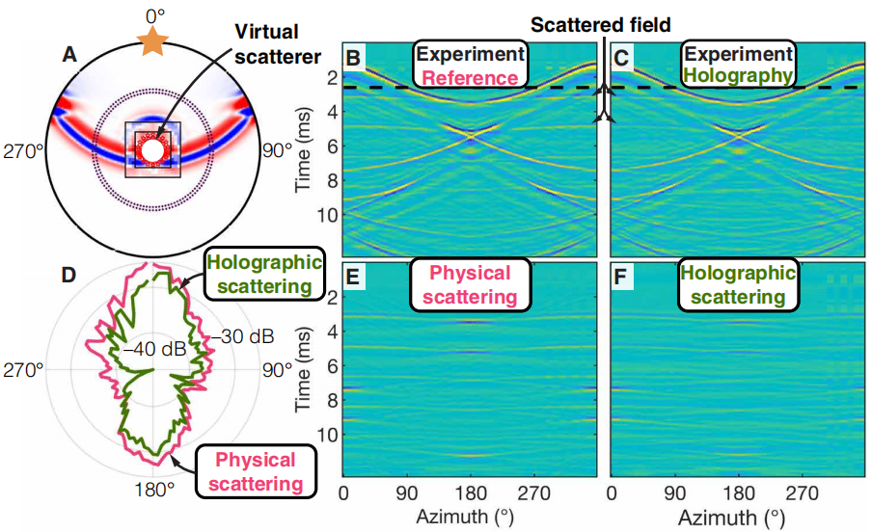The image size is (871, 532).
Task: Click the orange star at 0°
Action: [x=150, y=40]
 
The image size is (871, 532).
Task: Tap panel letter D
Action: [x=68, y=274]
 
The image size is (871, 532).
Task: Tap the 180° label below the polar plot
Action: [x=153, y=490]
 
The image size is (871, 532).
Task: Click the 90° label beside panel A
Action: [x=280, y=150]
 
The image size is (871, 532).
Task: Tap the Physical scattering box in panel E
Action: [x=470, y=285]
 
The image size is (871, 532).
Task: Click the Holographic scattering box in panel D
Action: [x=261, y=275]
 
